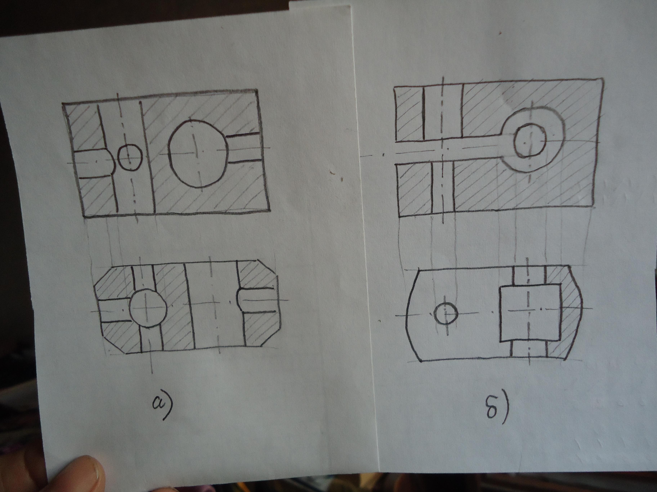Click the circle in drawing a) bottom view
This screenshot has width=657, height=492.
click(148, 307)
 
